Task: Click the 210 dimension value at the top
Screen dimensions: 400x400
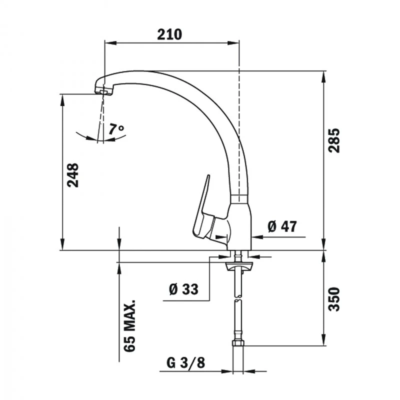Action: [x=169, y=34]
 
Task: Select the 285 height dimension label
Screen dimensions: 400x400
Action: [x=334, y=140]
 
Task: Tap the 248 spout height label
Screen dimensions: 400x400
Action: [x=73, y=175]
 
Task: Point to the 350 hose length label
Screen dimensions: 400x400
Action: [x=334, y=298]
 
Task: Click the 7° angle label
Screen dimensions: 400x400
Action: [x=116, y=129]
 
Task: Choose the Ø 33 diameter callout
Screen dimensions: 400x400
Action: [x=183, y=289]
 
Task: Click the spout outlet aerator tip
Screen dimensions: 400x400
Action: [x=103, y=91]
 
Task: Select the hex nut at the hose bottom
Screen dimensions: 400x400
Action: [x=238, y=344]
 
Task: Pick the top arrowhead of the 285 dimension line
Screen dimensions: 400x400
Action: [x=324, y=74]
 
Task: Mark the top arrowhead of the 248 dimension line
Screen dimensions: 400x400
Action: [x=62, y=98]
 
